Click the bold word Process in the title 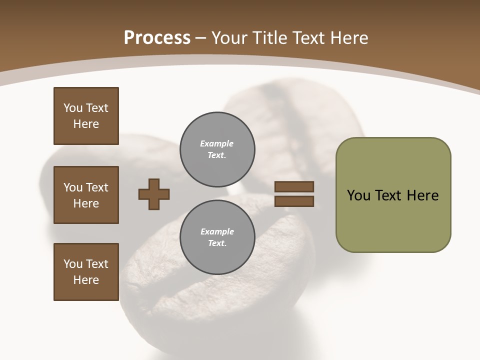(157, 38)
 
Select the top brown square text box (86, 116)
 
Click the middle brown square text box (86, 195)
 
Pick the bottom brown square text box (86, 272)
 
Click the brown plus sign (154, 194)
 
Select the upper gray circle (217, 149)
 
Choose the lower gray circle (217, 237)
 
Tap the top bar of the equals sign (294, 187)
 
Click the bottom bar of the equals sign (294, 201)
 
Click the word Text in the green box (388, 195)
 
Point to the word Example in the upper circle (217, 143)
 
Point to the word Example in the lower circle (217, 231)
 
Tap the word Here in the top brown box (86, 124)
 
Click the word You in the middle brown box (72, 187)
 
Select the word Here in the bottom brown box (86, 280)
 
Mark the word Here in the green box (422, 195)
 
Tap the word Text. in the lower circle (217, 243)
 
